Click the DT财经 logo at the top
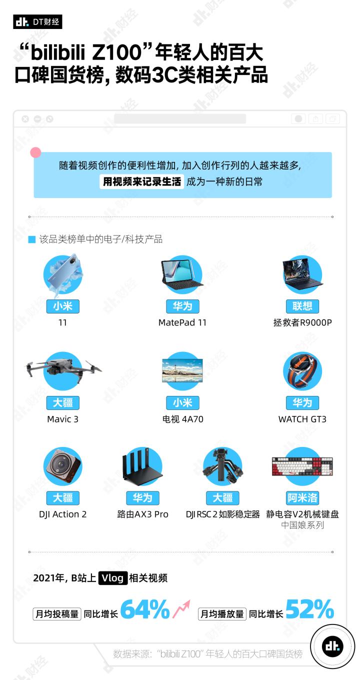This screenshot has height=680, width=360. (37, 21)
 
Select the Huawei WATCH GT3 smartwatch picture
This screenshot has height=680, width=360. (302, 371)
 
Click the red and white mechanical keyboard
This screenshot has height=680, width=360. (302, 466)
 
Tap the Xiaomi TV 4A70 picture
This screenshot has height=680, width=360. (182, 370)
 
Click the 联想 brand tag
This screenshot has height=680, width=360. (302, 306)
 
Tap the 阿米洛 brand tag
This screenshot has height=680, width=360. (302, 497)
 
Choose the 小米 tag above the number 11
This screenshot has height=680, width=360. (63, 306)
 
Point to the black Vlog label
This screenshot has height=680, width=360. (112, 578)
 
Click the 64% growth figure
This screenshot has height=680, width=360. (145, 609)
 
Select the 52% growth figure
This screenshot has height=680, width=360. (309, 609)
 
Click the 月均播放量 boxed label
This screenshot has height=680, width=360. (222, 614)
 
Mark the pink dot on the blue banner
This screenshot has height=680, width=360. (36, 152)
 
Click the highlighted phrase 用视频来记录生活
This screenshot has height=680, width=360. (142, 181)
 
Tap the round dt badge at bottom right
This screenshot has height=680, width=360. (332, 646)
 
